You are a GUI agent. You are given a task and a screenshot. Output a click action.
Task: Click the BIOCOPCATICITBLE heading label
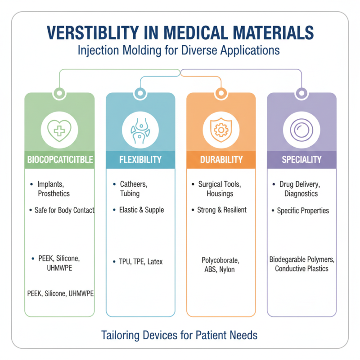click(60, 159)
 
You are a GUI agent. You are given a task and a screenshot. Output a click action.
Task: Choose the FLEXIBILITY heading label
click(140, 159)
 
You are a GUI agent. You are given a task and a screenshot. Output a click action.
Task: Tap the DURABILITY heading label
click(220, 159)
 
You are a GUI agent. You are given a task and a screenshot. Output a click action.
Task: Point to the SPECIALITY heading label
click(301, 159)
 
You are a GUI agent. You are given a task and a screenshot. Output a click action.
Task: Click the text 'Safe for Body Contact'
click(64, 210)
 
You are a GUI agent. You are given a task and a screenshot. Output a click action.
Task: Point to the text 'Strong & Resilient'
click(222, 210)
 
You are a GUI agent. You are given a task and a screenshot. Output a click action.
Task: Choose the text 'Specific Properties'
click(303, 210)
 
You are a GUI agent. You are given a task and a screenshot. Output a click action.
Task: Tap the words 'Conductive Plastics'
click(301, 269)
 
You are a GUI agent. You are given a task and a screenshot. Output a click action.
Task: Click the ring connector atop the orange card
click(220, 93)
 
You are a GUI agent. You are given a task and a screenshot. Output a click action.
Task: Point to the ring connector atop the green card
click(59, 93)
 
